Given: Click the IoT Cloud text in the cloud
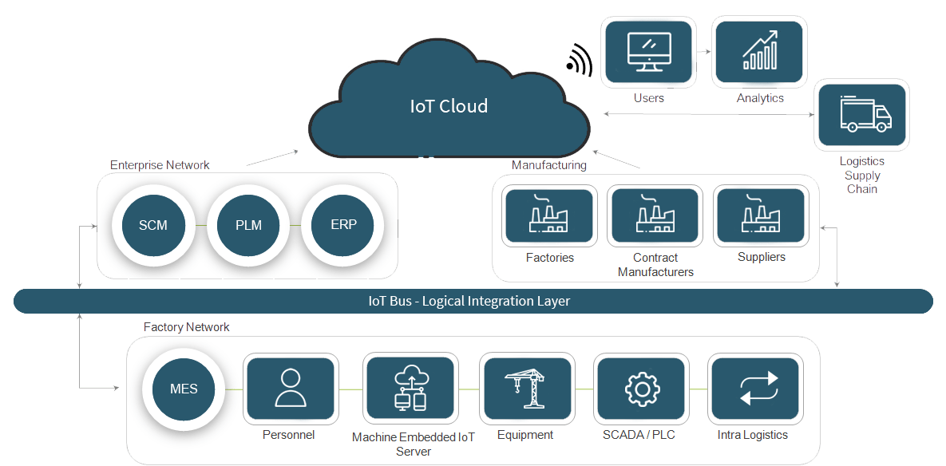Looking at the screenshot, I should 449,105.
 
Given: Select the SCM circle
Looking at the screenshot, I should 152,224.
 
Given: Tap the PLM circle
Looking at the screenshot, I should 248,224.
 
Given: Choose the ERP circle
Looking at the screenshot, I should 343,224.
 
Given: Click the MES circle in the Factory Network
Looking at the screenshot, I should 183,389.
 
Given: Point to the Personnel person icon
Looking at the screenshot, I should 289,389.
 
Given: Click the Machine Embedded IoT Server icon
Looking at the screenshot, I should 410,389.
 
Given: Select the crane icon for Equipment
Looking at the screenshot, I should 525,389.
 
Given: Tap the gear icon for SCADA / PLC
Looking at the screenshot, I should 640,389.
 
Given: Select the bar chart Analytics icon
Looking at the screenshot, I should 759,50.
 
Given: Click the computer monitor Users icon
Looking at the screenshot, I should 648,50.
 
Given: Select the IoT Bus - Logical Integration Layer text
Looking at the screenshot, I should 469,302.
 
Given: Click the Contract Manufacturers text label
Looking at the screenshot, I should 655,265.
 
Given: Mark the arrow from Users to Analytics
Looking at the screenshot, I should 703,52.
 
